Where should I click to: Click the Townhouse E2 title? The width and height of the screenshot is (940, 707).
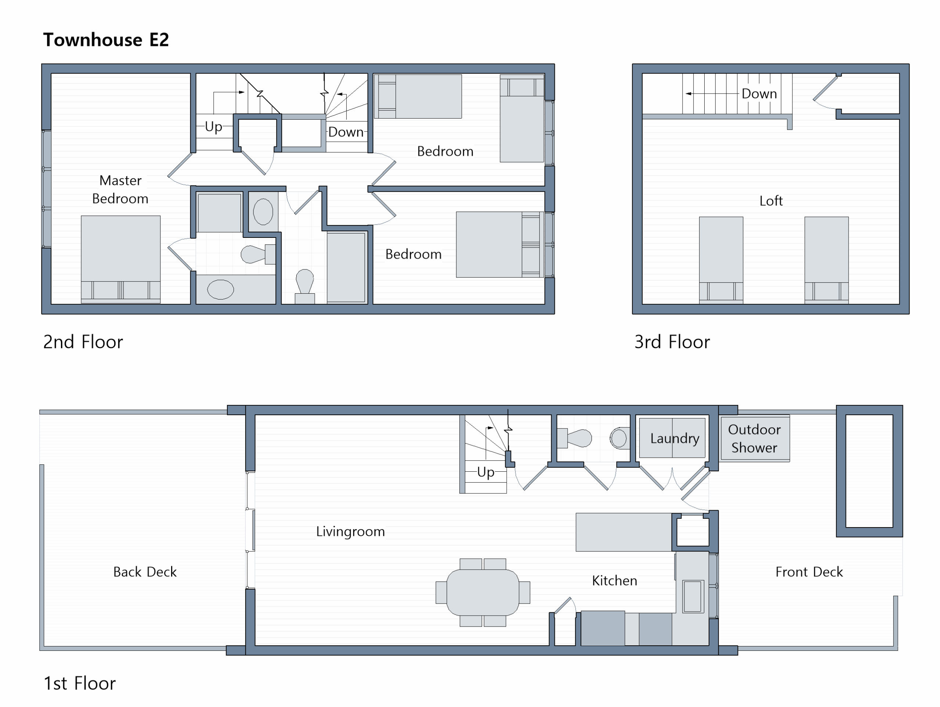[106, 40]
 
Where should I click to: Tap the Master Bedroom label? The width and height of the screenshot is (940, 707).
[120, 189]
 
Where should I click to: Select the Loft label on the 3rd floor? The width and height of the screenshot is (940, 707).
[771, 200]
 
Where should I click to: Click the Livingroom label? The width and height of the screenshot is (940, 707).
[350, 532]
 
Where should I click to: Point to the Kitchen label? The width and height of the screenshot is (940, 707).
[614, 580]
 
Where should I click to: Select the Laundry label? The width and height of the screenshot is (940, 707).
[675, 438]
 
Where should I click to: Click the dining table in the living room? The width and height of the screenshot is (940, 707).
[483, 592]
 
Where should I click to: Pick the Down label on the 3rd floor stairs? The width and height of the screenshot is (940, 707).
[759, 94]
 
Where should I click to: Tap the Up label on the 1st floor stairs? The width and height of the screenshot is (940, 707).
[485, 472]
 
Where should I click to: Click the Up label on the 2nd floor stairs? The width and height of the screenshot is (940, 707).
[213, 127]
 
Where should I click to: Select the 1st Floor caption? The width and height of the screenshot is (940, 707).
[79, 683]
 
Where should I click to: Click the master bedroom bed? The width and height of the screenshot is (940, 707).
[121, 259]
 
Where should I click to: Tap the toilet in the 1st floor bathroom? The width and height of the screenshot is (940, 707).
[574, 438]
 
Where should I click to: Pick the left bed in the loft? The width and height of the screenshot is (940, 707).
[721, 260]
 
